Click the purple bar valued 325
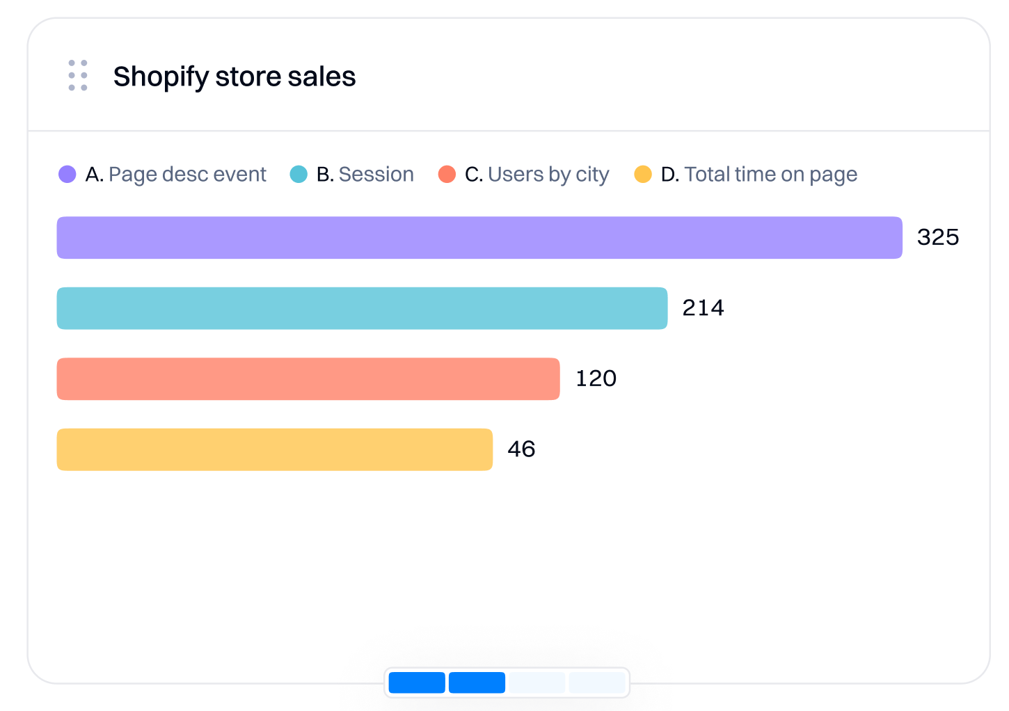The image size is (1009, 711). point(479,238)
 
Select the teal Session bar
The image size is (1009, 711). point(362,308)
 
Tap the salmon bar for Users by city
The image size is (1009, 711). point(308,379)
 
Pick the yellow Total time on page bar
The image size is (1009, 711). point(274,449)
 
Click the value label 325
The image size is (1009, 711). point(937,238)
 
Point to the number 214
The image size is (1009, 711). point(703,308)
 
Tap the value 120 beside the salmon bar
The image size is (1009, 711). point(596,379)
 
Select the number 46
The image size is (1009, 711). point(521,449)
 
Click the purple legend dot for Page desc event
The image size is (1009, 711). point(67,174)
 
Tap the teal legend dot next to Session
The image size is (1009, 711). point(299,174)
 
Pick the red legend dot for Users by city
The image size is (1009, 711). point(447,174)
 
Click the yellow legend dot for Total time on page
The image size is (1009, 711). point(643,174)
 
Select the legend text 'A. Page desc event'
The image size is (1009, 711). point(175,175)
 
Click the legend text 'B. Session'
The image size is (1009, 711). point(365,175)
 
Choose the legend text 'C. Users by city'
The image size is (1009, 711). point(537,175)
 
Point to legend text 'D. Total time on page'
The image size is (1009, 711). point(758,175)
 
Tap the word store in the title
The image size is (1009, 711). point(247,77)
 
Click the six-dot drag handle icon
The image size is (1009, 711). point(78,75)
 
